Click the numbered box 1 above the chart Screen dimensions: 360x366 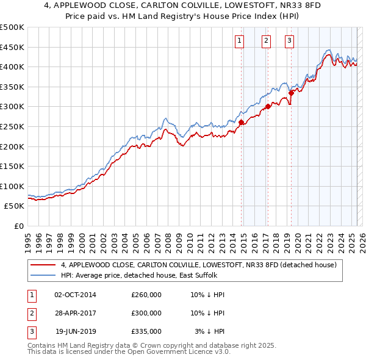[239, 41]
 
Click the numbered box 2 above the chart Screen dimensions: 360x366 [267, 41]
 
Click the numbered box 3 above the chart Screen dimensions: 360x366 [289, 41]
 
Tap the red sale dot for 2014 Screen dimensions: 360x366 [242, 122]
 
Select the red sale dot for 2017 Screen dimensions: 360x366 [268, 106]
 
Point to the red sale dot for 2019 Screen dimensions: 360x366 [292, 93]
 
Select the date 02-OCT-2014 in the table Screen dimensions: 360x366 [76, 295]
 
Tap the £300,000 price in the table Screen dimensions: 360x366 [146, 313]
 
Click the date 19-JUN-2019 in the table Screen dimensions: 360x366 [76, 331]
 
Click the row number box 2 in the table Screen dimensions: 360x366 [31, 313]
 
